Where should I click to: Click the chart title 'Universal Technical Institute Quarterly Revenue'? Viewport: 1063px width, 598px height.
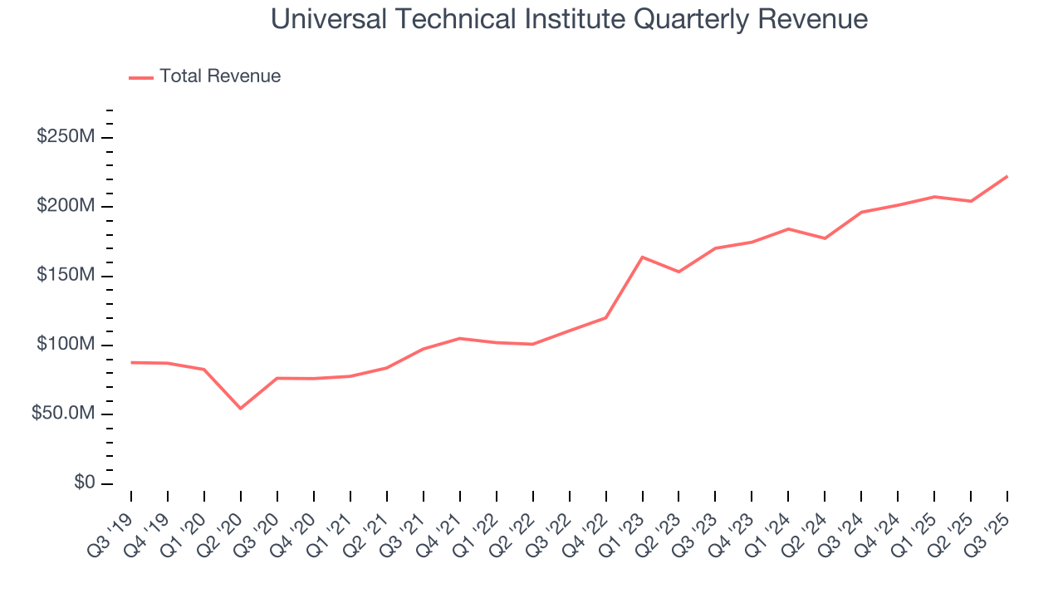point(570,19)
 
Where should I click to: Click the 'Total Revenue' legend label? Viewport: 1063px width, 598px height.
point(220,76)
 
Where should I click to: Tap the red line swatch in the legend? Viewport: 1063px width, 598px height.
point(141,77)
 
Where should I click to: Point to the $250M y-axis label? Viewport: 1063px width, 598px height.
point(65,137)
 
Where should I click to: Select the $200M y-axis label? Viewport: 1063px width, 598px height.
point(65,206)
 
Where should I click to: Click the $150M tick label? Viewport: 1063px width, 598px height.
point(65,276)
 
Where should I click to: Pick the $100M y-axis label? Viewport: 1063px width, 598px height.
point(65,345)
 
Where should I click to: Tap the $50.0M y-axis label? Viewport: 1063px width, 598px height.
point(62,414)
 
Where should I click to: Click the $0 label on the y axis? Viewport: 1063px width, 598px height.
point(83,483)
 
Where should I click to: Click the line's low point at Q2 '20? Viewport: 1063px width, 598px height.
point(241,409)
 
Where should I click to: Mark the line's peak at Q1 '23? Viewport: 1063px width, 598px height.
point(643,257)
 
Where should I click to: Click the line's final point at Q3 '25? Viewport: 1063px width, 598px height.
point(1007,176)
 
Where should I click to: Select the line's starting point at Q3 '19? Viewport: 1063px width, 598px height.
point(131,362)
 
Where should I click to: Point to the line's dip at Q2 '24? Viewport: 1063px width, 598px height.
point(825,238)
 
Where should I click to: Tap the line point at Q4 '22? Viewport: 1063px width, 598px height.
point(606,317)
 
